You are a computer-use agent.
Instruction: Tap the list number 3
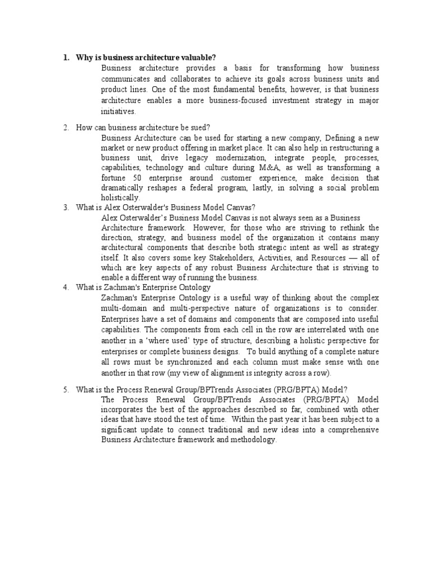[66, 207]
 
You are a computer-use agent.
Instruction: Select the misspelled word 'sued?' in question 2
[199, 128]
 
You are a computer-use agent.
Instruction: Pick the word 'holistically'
[119, 198]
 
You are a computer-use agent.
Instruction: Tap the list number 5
[66, 389]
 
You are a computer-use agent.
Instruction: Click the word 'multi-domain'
[125, 308]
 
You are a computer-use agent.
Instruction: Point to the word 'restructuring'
[344, 148]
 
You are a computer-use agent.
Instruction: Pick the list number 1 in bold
[66, 58]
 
